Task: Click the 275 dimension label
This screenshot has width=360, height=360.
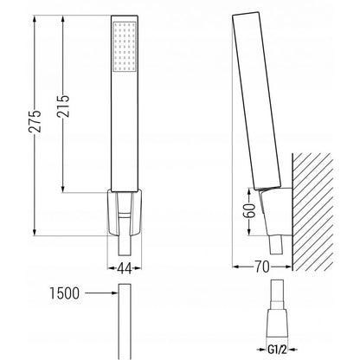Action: click(35, 121)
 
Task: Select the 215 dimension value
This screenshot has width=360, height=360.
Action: click(63, 106)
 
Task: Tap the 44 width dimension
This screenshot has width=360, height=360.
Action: click(125, 268)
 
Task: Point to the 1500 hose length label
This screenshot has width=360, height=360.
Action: click(64, 293)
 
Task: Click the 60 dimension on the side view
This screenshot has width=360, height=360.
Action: click(249, 210)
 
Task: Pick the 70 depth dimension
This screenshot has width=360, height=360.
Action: click(262, 267)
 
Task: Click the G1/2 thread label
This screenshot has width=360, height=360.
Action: click(277, 350)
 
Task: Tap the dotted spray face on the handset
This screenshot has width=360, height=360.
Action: click(125, 46)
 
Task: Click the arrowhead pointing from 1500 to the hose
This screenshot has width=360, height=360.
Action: click(115, 293)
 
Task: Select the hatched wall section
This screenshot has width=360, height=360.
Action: click(312, 212)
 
